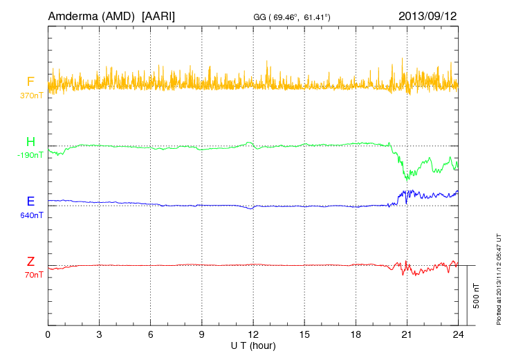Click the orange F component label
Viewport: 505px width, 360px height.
[30, 82]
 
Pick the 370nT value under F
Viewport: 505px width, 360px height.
[32, 95]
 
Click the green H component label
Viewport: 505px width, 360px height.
[30, 142]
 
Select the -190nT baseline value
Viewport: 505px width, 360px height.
[30, 155]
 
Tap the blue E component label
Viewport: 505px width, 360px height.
[30, 202]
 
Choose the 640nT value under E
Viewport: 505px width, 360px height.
[32, 215]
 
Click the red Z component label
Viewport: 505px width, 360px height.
[30, 262]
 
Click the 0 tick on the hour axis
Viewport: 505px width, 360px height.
[48, 334]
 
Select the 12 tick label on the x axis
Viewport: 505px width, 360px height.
[253, 334]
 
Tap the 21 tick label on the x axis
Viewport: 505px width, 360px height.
[407, 334]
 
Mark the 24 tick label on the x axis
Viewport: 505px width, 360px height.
[458, 334]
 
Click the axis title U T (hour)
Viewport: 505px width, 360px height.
[253, 345]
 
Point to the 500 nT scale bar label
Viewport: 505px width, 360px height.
[477, 296]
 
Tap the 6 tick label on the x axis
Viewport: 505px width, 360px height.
[151, 334]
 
